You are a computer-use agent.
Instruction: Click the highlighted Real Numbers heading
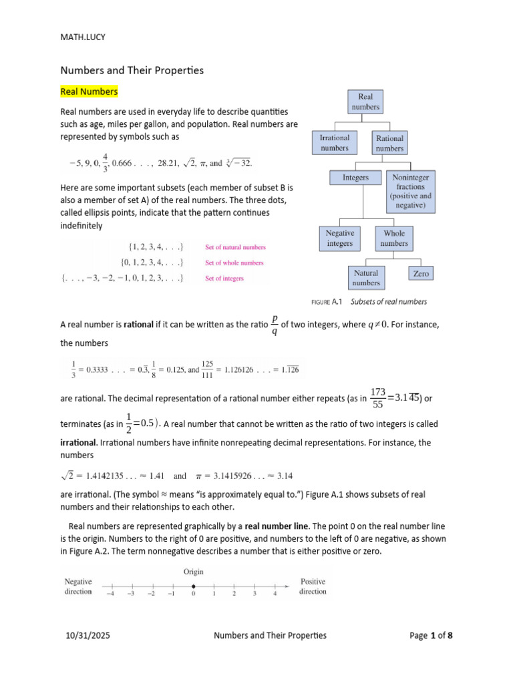(89, 91)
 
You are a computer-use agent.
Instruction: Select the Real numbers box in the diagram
(366, 102)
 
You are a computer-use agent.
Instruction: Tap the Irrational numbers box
(335, 142)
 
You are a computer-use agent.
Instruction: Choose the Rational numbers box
(389, 142)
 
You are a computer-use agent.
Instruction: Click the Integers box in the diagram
(355, 178)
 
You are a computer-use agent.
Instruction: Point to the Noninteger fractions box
(411, 192)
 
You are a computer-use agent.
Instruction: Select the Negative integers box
(339, 238)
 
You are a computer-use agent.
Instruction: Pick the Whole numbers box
(394, 238)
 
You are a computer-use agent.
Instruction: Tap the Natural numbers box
(365, 277)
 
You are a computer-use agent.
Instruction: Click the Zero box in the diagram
(421, 273)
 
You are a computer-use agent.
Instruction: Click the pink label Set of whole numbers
(234, 263)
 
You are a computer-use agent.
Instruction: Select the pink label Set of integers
(224, 279)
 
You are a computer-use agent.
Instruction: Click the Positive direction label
(313, 586)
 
